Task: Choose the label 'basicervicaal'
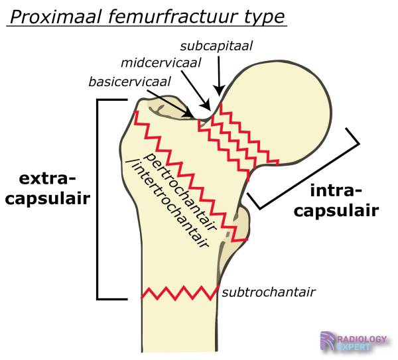click(130, 82)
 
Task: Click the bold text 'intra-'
click(336, 192)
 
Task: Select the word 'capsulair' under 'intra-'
click(336, 211)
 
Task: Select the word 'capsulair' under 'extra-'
click(46, 198)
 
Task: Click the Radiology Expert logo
click(354, 342)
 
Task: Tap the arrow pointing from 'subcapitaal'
click(219, 74)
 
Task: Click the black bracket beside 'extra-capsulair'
click(99, 199)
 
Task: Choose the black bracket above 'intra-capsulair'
click(312, 169)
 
